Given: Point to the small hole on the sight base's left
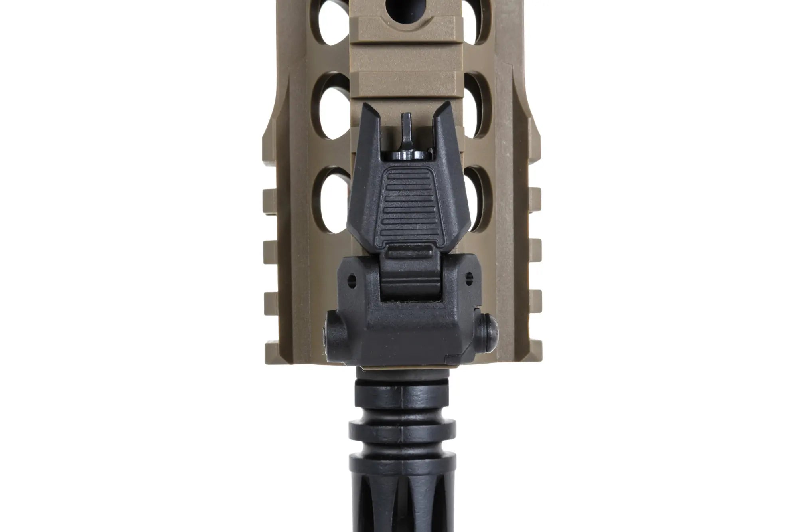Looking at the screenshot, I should point(352,278).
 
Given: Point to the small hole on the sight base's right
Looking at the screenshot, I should point(469,275).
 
